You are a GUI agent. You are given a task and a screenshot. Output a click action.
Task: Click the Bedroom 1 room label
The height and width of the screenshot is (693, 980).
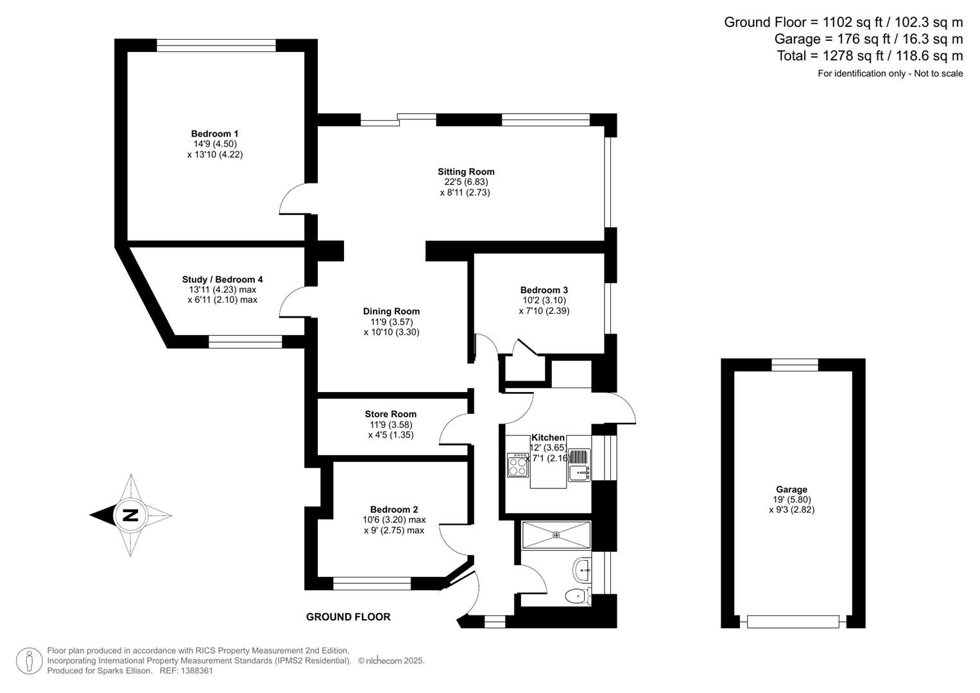(x=214, y=133)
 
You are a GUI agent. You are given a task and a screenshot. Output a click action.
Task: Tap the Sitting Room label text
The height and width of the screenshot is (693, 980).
(x=466, y=171)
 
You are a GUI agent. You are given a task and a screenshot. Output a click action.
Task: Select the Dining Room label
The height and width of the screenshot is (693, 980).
(x=391, y=311)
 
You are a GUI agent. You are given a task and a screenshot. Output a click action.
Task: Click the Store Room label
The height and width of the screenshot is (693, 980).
(x=390, y=414)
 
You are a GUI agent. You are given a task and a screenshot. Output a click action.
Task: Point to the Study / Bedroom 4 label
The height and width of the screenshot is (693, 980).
(x=222, y=279)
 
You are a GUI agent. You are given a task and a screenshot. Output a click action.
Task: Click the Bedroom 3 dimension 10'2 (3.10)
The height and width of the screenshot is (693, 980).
(x=544, y=300)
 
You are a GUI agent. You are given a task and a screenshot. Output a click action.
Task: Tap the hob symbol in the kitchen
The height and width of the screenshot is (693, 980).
(x=517, y=465)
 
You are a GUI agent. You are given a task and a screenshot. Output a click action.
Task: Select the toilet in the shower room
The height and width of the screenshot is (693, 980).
(x=578, y=597)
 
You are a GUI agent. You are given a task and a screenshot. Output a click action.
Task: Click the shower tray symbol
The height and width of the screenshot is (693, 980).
(x=556, y=535)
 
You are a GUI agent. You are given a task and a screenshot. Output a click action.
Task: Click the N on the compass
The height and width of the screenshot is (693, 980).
(x=130, y=515)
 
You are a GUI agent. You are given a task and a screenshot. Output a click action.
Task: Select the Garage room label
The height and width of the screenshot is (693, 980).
(x=791, y=489)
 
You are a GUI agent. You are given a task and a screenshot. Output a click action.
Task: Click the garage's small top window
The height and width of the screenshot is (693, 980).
(x=795, y=365)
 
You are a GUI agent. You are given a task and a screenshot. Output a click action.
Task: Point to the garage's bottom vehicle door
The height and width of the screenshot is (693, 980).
(x=793, y=621)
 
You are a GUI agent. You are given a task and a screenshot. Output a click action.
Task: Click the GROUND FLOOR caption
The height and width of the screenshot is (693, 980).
(x=348, y=617)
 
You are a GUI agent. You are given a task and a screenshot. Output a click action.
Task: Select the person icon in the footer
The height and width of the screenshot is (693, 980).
(x=29, y=660)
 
